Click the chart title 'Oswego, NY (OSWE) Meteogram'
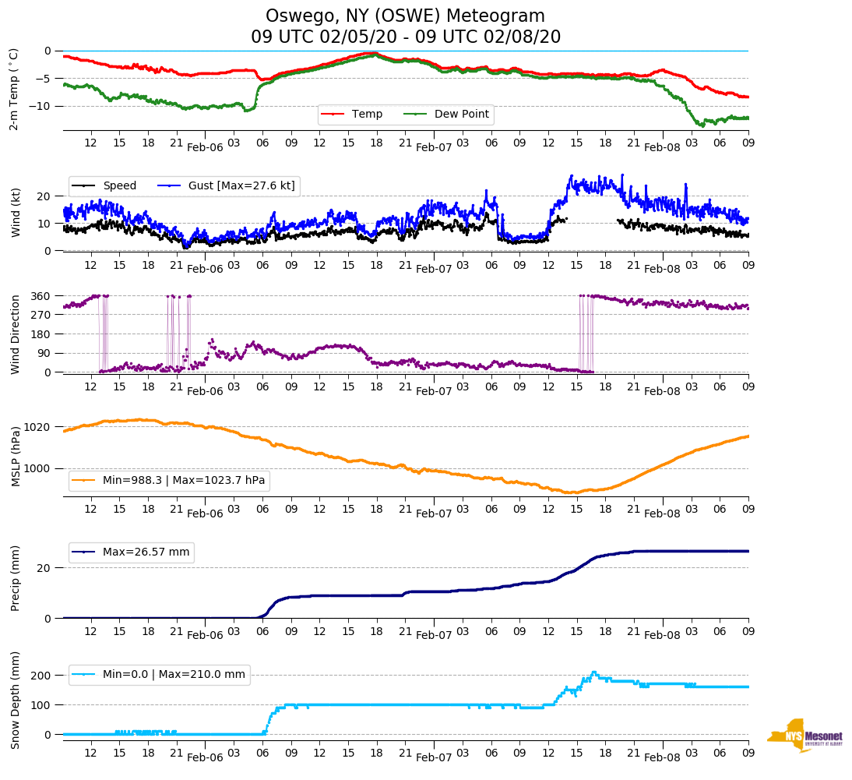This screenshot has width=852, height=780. [x=405, y=16]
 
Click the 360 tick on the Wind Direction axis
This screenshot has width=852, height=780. [x=41, y=296]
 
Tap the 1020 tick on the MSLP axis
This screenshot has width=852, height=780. [x=38, y=427]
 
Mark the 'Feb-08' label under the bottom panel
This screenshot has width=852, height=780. [x=663, y=757]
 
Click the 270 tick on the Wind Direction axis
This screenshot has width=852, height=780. [x=41, y=315]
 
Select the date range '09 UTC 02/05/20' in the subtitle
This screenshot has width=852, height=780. [x=314, y=37]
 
